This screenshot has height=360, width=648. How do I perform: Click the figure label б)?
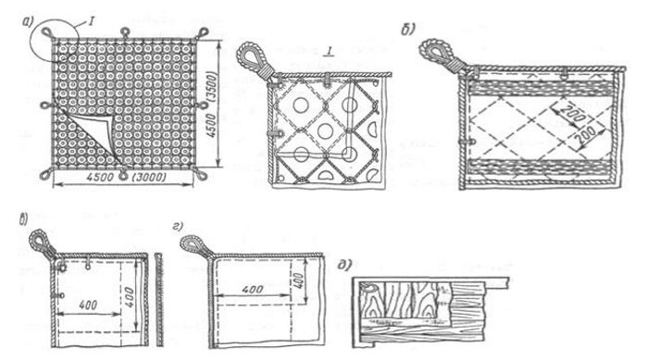[x=407, y=30]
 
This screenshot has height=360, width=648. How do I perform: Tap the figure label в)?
[x=22, y=219]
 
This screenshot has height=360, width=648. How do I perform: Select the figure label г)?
[x=178, y=227]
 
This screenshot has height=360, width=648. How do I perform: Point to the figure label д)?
[x=344, y=265]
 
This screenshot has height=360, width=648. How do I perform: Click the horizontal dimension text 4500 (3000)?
[x=126, y=178]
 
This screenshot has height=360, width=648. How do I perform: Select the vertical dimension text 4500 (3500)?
[x=211, y=104]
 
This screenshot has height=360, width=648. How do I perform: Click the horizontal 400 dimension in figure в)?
[x=88, y=305]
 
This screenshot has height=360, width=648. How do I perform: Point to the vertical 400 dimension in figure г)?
[x=301, y=281]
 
